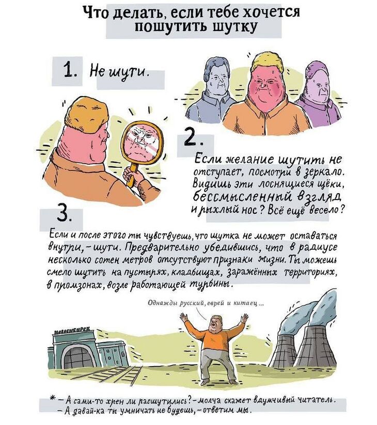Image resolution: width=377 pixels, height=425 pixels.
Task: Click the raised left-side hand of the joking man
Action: point(185,318)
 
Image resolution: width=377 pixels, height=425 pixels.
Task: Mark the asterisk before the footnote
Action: point(52,399)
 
